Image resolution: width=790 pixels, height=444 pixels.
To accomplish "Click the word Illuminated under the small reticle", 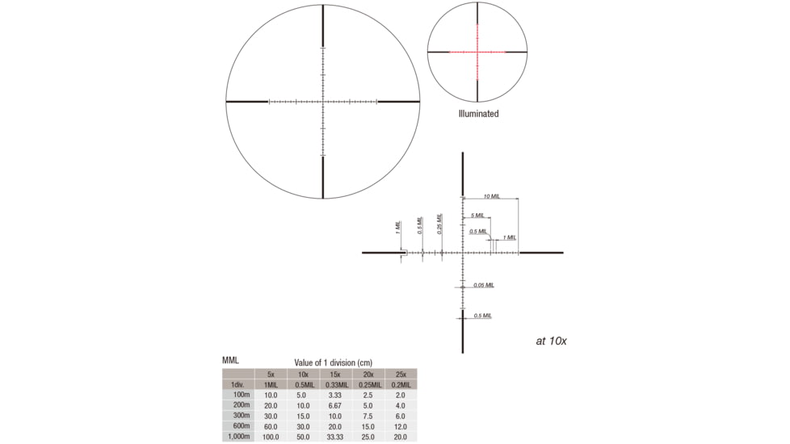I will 478,114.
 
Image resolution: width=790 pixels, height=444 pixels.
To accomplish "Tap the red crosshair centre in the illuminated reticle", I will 477,52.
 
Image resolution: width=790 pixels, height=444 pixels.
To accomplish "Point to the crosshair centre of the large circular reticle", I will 323,102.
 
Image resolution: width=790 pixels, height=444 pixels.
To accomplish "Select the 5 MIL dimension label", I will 477,216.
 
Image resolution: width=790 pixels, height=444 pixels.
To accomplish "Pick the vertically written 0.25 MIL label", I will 439,224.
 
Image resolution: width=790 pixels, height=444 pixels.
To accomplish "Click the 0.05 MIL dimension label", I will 483,285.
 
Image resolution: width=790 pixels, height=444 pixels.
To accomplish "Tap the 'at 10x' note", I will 551,341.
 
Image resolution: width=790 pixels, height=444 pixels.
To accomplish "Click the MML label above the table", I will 231,360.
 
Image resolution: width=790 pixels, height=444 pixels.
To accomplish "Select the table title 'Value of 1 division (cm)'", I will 334,363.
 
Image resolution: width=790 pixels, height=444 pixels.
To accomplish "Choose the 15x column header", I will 335,375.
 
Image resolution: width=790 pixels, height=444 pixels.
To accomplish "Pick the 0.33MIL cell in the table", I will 335,385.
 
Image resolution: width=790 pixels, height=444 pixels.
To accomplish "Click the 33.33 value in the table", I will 335,437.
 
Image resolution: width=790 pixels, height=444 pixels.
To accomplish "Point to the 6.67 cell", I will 335,405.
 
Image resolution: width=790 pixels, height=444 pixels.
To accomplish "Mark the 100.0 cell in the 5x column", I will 271,437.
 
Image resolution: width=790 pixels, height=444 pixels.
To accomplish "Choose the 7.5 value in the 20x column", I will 368,416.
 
